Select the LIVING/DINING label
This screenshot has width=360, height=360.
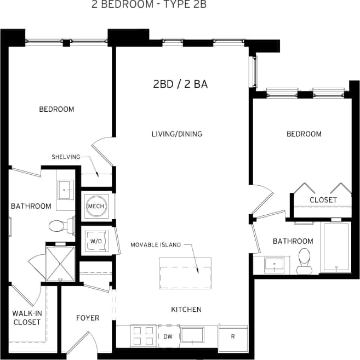tap(177, 134)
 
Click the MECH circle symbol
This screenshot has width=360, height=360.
tap(96, 206)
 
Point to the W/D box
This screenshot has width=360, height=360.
tap(95, 241)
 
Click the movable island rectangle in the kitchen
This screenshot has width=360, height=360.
tap(185, 270)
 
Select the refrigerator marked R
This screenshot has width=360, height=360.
tap(232, 336)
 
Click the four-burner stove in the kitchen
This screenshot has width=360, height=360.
tap(144, 335)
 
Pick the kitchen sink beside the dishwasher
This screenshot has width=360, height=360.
tap(192, 335)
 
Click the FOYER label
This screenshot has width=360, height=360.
tap(88, 318)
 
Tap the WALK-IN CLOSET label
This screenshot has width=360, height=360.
tap(27, 318)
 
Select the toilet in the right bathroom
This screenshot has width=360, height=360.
tap(303, 262)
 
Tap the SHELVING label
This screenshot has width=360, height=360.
tap(66, 157)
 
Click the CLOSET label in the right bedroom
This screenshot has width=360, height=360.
tap(323, 200)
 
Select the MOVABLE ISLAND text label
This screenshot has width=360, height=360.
tap(156, 245)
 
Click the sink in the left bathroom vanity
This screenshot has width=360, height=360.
tap(65, 190)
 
